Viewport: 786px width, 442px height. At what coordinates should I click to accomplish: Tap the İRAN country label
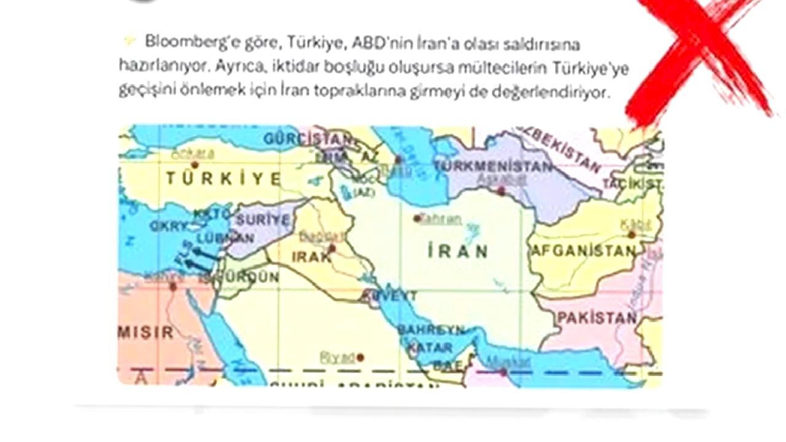[x=458, y=251]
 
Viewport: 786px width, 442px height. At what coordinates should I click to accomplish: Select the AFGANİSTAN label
[x=583, y=251]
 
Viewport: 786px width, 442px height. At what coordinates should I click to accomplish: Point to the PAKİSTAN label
[x=596, y=318]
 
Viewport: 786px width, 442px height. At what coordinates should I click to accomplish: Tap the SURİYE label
[x=262, y=220]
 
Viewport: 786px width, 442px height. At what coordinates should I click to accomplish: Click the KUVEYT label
[x=388, y=297]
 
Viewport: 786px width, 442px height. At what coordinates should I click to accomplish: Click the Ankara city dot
[x=195, y=165]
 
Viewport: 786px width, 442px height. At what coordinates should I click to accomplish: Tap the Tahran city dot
[x=417, y=218]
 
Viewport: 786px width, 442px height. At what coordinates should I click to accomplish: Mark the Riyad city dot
[x=360, y=357]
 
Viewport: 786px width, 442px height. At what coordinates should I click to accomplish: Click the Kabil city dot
[x=631, y=235]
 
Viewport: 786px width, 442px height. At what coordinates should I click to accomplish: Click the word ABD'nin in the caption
[x=376, y=44]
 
